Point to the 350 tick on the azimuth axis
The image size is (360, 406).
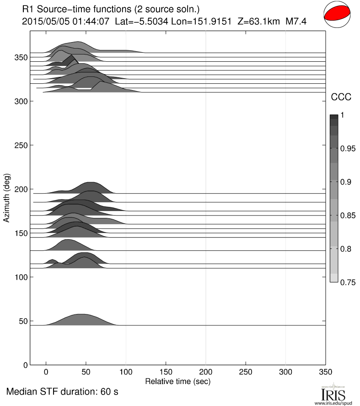(x=22, y=57)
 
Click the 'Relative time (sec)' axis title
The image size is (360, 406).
(x=177, y=381)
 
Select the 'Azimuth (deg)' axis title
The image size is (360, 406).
(x=7, y=198)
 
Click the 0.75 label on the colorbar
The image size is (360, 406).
(x=348, y=282)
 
